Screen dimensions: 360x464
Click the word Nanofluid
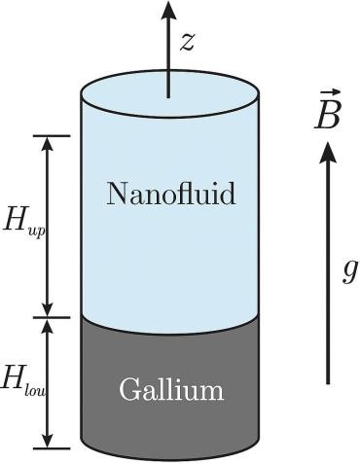click(171, 194)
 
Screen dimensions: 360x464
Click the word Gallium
click(171, 388)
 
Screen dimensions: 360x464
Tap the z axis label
click(187, 42)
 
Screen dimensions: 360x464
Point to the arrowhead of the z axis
click(168, 10)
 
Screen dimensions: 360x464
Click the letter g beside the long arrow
click(350, 271)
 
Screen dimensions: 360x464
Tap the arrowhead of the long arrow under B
click(328, 153)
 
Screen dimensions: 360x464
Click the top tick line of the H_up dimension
click(52, 136)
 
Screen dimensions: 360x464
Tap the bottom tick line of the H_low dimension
click(52, 448)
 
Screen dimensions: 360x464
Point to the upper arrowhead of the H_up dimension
click(49, 145)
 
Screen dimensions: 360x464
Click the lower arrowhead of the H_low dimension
click(49, 440)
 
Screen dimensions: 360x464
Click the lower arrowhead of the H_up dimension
click(49, 308)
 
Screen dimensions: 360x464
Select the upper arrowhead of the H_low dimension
click(49, 327)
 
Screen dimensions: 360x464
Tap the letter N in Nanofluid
click(118, 194)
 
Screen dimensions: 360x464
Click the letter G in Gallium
click(129, 388)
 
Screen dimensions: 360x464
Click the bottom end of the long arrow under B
click(328, 384)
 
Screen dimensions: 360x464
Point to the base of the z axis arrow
click(168, 97)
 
